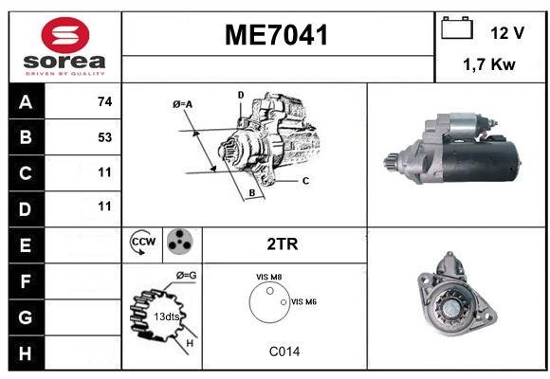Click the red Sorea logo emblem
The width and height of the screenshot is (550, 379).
[65, 35]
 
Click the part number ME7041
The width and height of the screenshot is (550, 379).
[276, 35]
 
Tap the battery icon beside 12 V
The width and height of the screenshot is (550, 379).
[457, 27]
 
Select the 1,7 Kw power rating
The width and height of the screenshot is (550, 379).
[489, 64]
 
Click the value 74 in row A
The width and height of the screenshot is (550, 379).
[105, 101]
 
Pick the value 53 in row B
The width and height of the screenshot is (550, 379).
[105, 137]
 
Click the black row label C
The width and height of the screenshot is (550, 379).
[27, 173]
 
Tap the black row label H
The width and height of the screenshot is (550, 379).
[27, 353]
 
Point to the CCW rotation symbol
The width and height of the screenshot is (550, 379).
[143, 242]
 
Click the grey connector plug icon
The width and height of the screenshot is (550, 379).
[180, 242]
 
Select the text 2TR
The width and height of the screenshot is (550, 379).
[283, 244]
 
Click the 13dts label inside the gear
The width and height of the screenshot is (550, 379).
[167, 316]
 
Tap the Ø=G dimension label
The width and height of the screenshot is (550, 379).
[186, 276]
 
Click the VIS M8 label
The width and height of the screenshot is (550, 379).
[268, 277]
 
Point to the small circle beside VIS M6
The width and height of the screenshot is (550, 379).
[284, 302]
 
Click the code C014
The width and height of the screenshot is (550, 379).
[284, 352]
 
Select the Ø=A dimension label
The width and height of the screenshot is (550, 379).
[183, 104]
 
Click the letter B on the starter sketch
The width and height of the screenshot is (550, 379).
[252, 192]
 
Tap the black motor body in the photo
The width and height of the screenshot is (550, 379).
[481, 161]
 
